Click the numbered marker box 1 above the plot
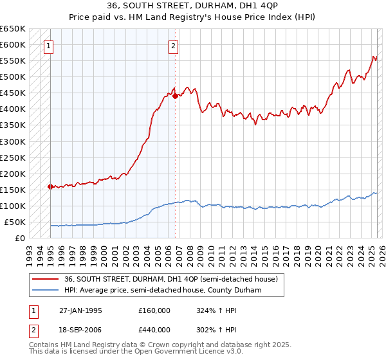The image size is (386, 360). click(50, 46)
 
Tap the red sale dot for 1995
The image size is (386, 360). click(50, 186)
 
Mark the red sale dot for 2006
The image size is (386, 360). click(175, 96)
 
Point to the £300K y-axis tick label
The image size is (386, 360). click(13, 141)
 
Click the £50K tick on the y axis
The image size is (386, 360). click(15, 222)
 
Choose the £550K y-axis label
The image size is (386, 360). click(13, 61)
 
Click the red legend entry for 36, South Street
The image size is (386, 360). click(170, 279)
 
